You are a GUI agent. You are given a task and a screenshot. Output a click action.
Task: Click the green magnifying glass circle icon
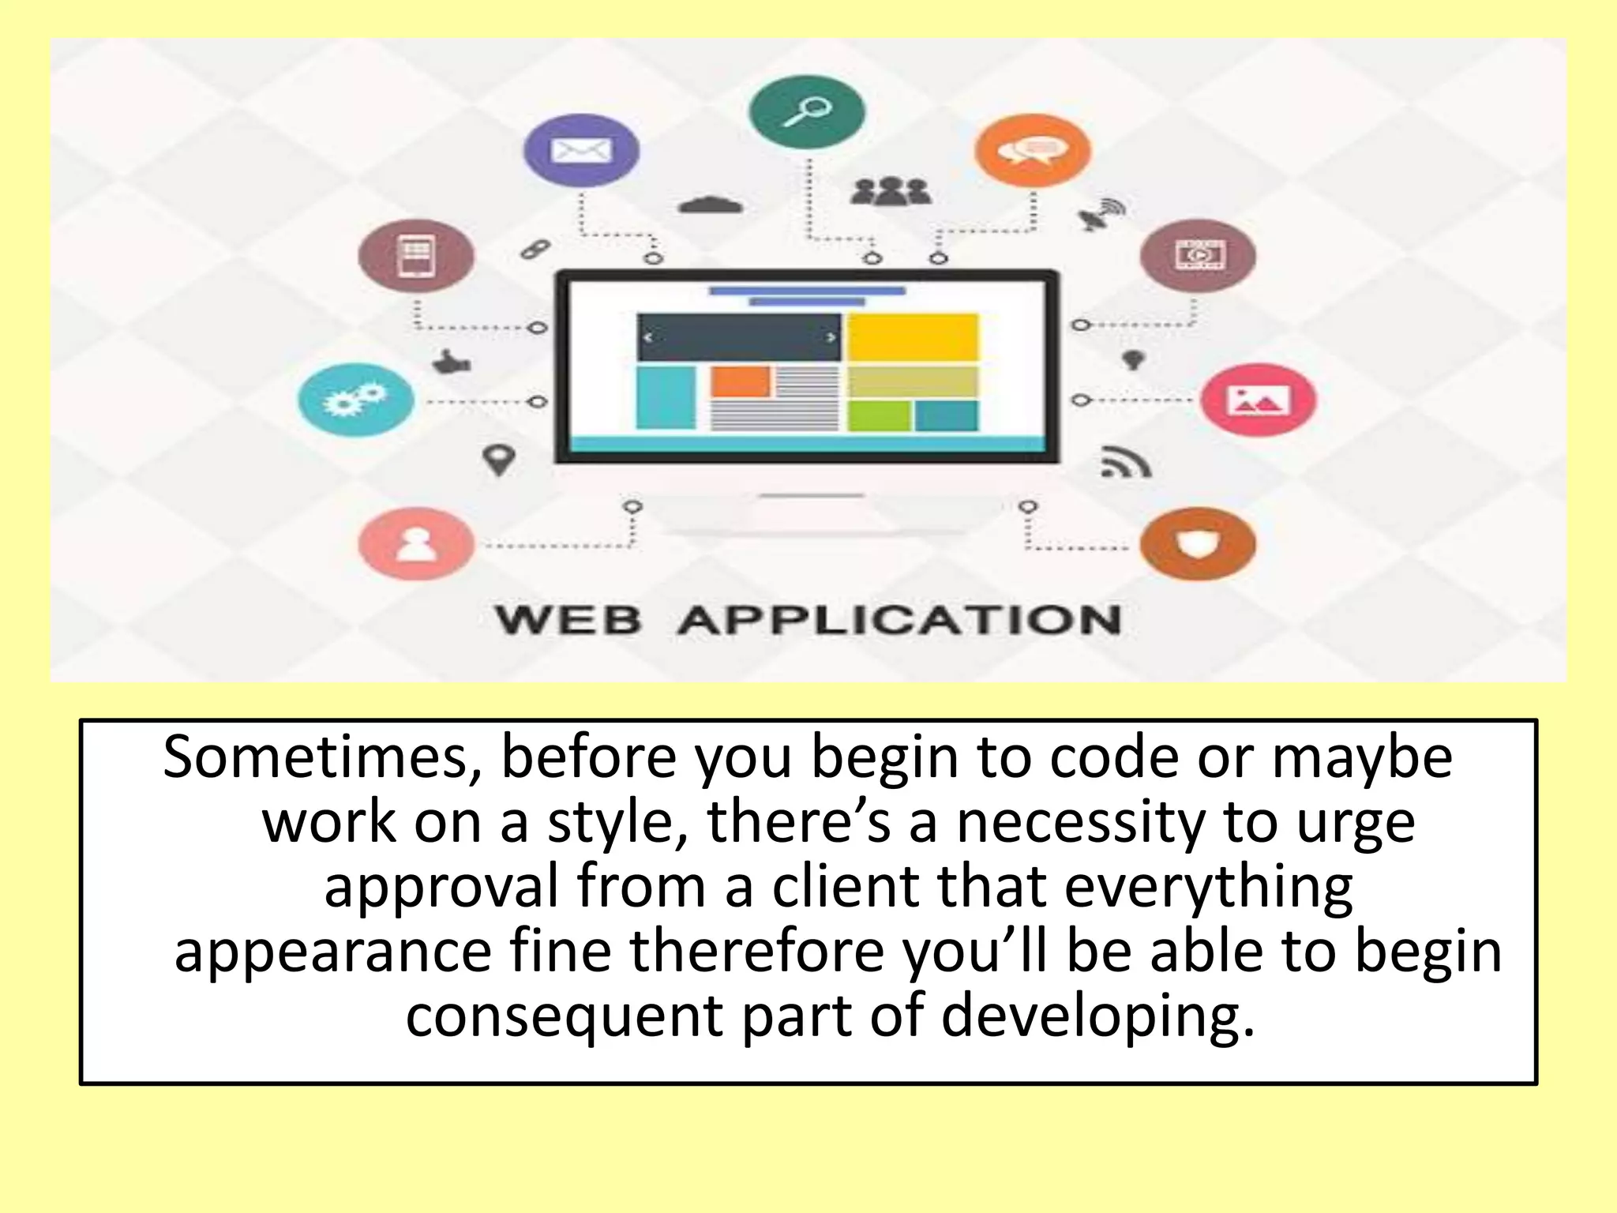point(806,112)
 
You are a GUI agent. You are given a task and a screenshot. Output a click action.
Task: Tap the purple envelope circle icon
point(581,150)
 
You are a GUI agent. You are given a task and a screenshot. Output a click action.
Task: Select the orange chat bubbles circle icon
point(1032,150)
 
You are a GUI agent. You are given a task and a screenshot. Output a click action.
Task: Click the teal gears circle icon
point(356,400)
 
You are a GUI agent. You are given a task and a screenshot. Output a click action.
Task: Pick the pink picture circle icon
point(1258,400)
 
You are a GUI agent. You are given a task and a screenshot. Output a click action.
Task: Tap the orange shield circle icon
point(1198,543)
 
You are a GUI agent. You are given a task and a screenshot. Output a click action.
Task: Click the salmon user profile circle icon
point(416,543)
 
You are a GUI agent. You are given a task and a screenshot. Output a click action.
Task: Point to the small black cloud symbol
point(711,205)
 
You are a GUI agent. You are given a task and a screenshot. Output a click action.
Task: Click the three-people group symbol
point(891,192)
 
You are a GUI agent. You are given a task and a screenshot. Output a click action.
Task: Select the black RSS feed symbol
point(1126,463)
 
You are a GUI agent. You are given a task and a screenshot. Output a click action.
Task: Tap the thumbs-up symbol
point(452,362)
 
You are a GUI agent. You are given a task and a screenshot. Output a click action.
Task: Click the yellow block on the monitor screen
point(913,337)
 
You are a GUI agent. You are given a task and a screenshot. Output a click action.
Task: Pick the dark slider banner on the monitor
point(739,337)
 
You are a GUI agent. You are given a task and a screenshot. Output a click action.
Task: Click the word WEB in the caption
point(568,620)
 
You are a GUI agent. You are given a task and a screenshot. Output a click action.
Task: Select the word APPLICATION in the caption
point(899,620)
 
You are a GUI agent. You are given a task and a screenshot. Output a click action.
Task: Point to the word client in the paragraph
point(845,887)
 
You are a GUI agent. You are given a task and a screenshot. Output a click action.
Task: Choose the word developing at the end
point(1097,1016)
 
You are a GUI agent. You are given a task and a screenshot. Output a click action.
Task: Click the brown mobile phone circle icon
point(416,255)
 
